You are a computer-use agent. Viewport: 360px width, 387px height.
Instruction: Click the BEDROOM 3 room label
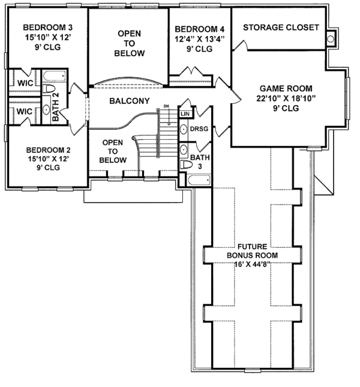click(47, 27)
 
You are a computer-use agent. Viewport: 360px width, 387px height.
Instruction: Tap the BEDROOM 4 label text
click(200, 29)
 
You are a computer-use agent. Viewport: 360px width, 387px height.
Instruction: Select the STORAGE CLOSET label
click(281, 28)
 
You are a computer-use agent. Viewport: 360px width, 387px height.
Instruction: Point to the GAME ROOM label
click(286, 88)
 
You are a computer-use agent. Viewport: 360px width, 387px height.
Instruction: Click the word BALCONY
click(130, 101)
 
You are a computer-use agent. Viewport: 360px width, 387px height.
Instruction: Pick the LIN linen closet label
click(185, 114)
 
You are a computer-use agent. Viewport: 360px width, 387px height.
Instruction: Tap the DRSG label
click(199, 129)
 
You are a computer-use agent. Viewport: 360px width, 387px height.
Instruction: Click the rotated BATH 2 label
click(56, 107)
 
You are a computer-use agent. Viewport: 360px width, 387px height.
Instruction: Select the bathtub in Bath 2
click(54, 76)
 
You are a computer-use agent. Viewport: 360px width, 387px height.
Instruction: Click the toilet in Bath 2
click(49, 88)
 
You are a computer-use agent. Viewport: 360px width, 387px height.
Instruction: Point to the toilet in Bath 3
click(186, 164)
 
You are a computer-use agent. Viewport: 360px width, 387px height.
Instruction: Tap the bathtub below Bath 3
click(199, 180)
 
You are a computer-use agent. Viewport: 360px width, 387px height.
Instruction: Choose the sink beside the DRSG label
click(184, 130)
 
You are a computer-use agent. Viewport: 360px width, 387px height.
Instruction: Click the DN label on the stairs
click(167, 106)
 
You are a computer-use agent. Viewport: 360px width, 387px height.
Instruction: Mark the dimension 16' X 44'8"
click(251, 264)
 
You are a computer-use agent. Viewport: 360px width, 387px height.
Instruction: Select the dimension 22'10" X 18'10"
click(286, 98)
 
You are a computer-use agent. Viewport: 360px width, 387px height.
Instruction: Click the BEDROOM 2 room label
click(49, 150)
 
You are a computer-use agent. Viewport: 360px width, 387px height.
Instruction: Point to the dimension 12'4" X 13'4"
click(200, 39)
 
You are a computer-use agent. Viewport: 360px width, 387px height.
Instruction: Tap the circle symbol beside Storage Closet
click(331, 39)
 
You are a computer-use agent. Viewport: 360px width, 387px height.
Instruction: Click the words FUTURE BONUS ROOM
click(252, 251)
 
